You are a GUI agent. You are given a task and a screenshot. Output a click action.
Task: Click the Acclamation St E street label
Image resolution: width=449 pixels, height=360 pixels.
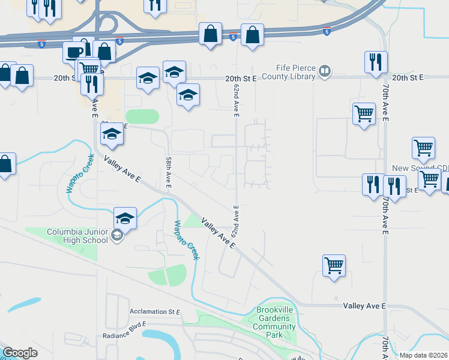(x=155, y=312)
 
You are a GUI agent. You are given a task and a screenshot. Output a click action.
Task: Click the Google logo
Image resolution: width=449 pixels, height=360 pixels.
(x=20, y=353)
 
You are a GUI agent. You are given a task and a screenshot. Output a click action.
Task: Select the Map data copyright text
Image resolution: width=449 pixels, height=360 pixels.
(x=423, y=355)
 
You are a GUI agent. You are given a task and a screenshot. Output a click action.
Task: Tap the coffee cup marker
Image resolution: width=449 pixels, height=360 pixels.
(x=74, y=52)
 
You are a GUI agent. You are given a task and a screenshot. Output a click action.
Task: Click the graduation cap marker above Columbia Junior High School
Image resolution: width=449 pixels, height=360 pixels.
(x=125, y=218)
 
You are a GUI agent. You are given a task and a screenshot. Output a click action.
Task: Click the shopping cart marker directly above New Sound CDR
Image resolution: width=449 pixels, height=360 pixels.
(x=423, y=148)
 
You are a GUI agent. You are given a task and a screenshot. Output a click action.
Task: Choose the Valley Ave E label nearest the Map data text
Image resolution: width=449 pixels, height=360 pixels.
(x=364, y=306)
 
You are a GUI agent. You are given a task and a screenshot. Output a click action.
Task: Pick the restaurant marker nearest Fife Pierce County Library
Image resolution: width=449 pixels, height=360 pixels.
(x=375, y=62)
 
